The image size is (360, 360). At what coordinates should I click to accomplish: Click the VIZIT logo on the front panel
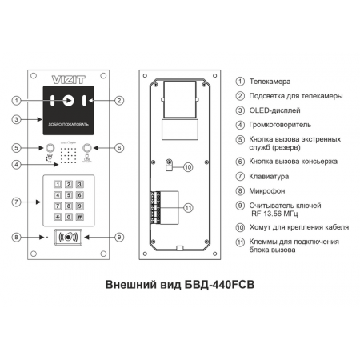point(68,79)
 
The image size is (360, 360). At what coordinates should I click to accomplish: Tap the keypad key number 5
point(69,195)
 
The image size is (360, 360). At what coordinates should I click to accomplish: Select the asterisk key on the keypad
point(58,217)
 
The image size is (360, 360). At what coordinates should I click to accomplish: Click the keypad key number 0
point(69,217)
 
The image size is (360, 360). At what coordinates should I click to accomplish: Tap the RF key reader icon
point(68,237)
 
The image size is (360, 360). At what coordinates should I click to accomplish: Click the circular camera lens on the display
point(69,101)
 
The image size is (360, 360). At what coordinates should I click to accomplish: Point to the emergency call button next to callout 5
point(50,148)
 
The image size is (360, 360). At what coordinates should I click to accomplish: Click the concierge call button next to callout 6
point(87,148)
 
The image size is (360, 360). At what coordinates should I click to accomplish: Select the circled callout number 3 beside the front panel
point(16,119)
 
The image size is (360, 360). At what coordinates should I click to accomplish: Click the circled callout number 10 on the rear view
point(188,167)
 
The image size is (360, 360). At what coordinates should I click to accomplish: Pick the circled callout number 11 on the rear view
point(189,208)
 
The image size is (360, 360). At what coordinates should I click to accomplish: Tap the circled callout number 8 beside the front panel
point(16,237)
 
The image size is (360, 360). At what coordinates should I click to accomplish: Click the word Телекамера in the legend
point(270,82)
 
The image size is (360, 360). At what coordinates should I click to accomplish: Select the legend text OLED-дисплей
point(274,110)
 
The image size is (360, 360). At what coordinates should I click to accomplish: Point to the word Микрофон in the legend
point(267,191)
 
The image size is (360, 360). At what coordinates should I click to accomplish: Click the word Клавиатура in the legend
point(269,177)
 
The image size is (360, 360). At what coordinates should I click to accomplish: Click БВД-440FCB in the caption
point(219,285)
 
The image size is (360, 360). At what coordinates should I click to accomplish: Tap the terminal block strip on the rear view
point(155,207)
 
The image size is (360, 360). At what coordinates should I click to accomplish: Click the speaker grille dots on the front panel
point(68,155)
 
